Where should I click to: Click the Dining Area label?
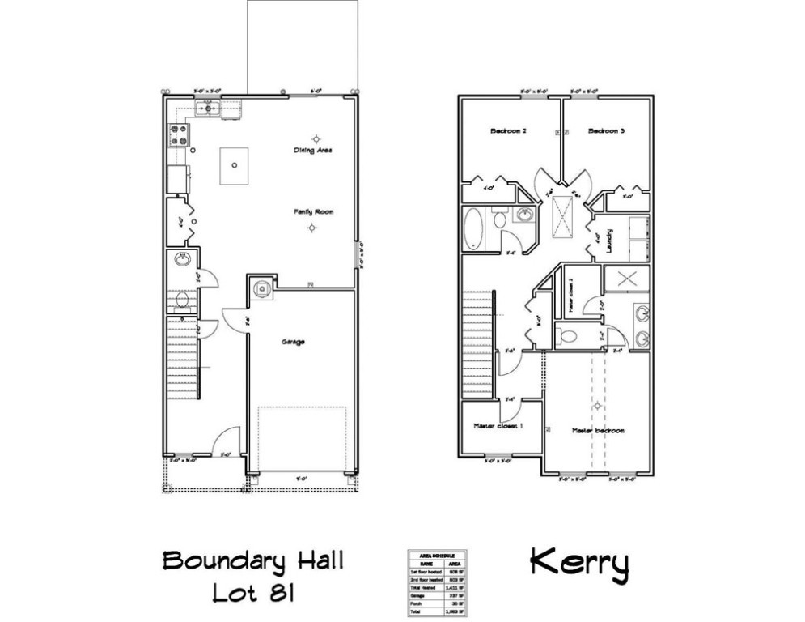point(313,151)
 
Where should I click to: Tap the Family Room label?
point(313,212)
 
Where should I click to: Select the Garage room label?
point(293,343)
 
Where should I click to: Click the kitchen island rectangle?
point(233,164)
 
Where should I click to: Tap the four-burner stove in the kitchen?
point(178,134)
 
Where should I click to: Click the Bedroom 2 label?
point(508,131)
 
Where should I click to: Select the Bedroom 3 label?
point(606,131)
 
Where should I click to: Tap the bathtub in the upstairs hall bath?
point(473,227)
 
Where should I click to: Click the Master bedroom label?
point(598,431)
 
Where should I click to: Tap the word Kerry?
point(578,564)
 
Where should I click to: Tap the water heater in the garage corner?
point(262,287)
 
